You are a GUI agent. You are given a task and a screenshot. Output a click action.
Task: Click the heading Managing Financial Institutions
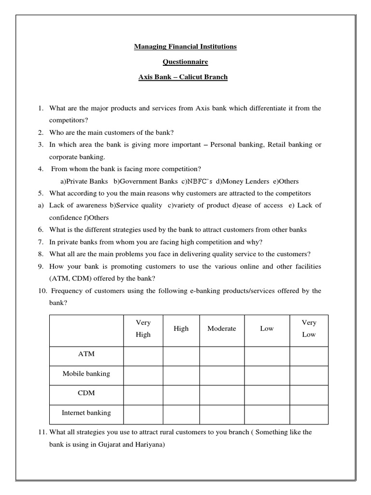click(x=185, y=47)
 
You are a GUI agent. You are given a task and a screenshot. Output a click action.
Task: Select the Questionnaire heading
click(x=185, y=62)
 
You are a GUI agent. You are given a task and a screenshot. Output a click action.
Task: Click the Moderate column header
click(x=222, y=329)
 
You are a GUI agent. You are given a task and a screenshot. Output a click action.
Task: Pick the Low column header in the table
click(x=267, y=329)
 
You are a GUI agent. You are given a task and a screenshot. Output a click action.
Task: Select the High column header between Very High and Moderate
click(x=181, y=329)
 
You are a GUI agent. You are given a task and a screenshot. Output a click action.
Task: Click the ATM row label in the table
click(x=86, y=354)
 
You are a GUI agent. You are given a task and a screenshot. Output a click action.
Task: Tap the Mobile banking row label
click(x=86, y=374)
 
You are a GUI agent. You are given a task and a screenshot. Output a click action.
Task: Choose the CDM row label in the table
click(x=86, y=393)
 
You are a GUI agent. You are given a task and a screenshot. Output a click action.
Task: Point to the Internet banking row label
click(x=86, y=413)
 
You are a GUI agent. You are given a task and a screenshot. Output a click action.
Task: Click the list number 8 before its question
click(x=41, y=254)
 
